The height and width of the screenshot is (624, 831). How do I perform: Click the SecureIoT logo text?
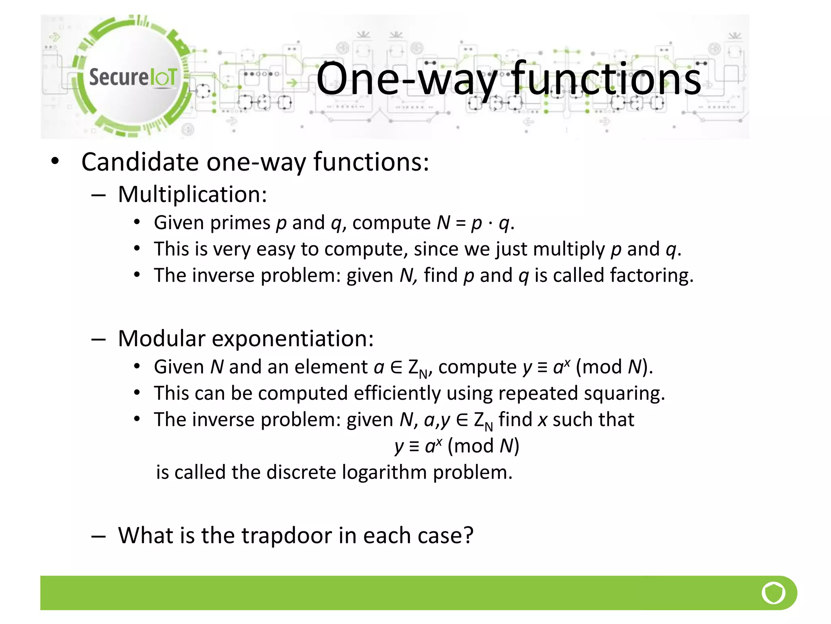point(133,77)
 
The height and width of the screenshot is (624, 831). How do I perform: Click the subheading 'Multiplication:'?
point(192,194)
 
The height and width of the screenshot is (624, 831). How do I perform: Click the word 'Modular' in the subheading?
point(161,338)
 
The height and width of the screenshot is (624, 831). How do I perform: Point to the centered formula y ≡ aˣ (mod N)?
point(457,446)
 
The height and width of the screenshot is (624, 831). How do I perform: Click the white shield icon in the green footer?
point(773,593)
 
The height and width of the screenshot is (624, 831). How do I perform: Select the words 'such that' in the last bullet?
point(593,420)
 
